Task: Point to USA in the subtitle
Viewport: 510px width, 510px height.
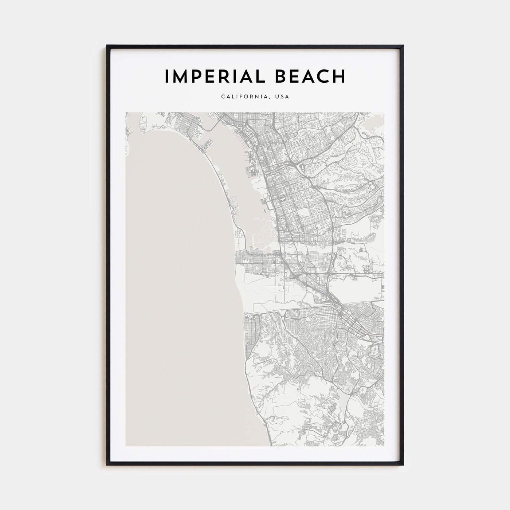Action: (x=283, y=97)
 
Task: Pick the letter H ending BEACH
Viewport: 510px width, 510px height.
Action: (x=338, y=76)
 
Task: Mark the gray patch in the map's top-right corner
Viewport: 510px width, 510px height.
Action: (x=375, y=124)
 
